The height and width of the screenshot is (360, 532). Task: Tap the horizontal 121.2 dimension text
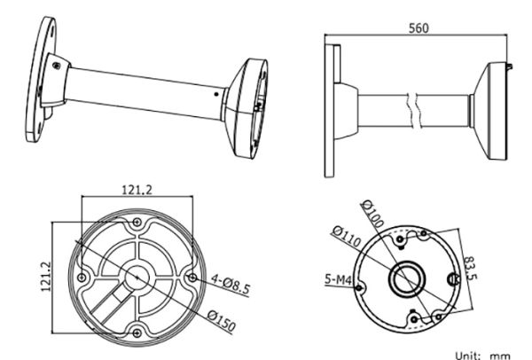tap(136, 189)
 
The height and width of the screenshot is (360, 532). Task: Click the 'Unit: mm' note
tap(484, 354)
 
